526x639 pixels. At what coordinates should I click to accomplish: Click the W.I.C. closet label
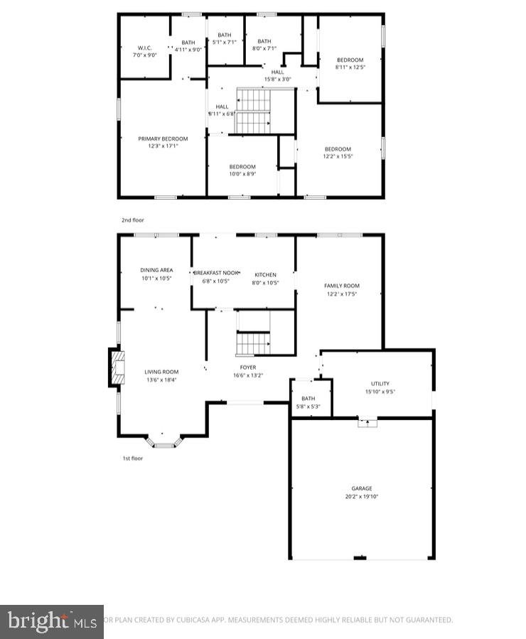click(x=144, y=48)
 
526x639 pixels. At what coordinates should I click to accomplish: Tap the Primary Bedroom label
click(x=163, y=139)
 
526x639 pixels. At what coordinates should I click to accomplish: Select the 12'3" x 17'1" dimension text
click(x=163, y=146)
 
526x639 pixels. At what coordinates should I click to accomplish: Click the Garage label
click(x=361, y=488)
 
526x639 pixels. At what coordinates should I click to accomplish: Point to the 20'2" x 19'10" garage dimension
click(x=361, y=496)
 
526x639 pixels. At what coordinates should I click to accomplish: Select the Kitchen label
click(x=266, y=274)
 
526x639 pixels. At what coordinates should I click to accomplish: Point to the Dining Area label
click(x=156, y=270)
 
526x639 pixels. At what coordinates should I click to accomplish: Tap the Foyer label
click(x=248, y=367)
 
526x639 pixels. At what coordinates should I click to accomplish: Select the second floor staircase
click(x=254, y=112)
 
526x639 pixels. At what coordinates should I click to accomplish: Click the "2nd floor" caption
click(x=132, y=220)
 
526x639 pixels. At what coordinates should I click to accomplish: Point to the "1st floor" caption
click(x=132, y=458)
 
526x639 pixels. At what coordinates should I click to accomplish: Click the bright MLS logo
click(x=52, y=621)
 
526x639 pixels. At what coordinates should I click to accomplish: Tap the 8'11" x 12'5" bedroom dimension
click(x=350, y=67)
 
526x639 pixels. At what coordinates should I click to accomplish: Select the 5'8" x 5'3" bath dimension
click(x=308, y=407)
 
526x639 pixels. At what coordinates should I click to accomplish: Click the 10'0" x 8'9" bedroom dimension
click(x=242, y=174)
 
